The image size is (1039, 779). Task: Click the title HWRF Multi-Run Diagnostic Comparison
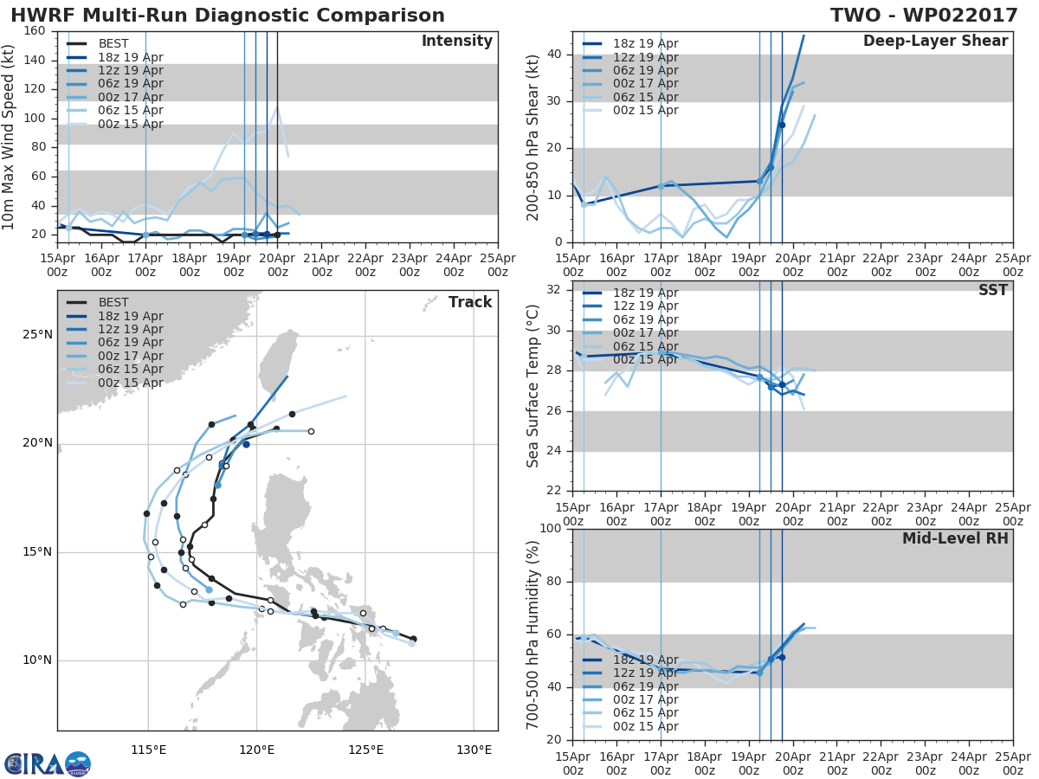pyautogui.click(x=228, y=15)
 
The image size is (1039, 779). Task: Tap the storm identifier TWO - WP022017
pyautogui.click(x=924, y=15)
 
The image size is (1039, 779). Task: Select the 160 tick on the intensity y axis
pyautogui.click(x=35, y=31)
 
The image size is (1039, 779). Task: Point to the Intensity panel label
pyautogui.click(x=457, y=42)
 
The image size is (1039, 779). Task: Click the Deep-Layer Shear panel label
pyautogui.click(x=935, y=42)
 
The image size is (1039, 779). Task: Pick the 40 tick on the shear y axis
pyautogui.click(x=554, y=55)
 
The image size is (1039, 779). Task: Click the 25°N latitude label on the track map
pyautogui.click(x=38, y=334)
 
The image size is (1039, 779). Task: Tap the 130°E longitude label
pyautogui.click(x=474, y=750)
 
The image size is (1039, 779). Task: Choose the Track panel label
pyautogui.click(x=470, y=302)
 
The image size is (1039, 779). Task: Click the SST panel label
pyautogui.click(x=993, y=290)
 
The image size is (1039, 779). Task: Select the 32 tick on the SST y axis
pyautogui.click(x=554, y=289)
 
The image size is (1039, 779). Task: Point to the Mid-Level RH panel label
pyautogui.click(x=955, y=538)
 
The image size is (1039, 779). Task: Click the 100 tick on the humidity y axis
pyautogui.click(x=551, y=528)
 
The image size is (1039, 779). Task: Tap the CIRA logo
pyautogui.click(x=48, y=763)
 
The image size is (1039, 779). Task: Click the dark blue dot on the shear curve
pyautogui.click(x=782, y=126)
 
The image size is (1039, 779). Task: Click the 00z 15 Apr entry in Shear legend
pyautogui.click(x=630, y=110)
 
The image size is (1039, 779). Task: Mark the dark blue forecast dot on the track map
pyautogui.click(x=246, y=445)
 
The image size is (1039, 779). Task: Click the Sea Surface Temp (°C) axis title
pyautogui.click(x=532, y=386)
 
